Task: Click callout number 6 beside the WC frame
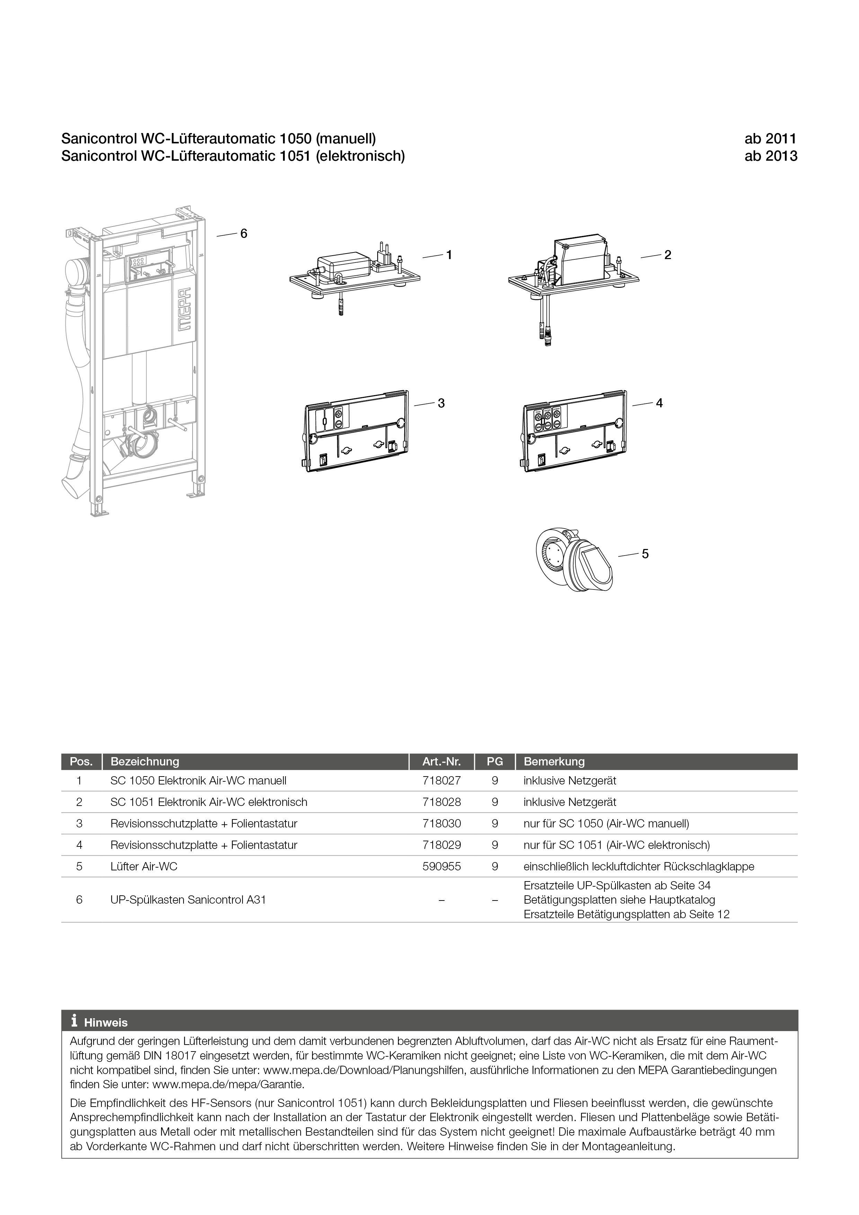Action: tap(243, 233)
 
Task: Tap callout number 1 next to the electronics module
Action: tap(449, 255)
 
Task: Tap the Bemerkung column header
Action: tap(554, 762)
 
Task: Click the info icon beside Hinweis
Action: tap(74, 1020)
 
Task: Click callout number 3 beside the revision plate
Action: tap(441, 403)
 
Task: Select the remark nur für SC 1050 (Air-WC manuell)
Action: tap(606, 823)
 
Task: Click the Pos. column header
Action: tap(81, 762)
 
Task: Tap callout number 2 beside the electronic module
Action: tap(667, 255)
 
